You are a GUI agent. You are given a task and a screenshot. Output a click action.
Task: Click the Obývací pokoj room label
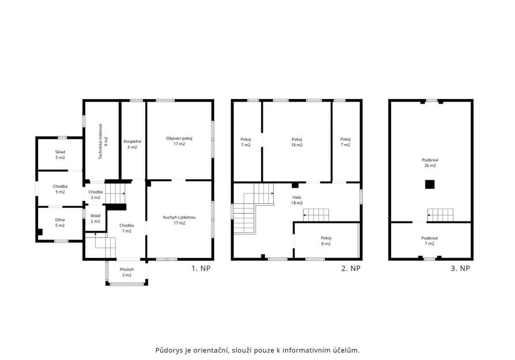pyautogui.click(x=179, y=141)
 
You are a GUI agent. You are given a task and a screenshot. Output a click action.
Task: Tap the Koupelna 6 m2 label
pyautogui.click(x=132, y=144)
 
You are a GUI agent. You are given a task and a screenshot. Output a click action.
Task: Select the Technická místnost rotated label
pyautogui.click(x=103, y=142)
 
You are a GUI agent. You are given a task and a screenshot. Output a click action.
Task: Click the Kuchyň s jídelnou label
pyautogui.click(x=179, y=220)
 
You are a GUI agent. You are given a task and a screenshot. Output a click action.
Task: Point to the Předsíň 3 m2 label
pyautogui.click(x=127, y=272)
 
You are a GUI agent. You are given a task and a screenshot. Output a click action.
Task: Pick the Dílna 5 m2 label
pyautogui.click(x=60, y=222)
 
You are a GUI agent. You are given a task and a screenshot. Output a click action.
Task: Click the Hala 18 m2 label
pyautogui.click(x=297, y=200)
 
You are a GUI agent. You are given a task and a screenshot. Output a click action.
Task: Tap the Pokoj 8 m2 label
pyautogui.click(x=326, y=241)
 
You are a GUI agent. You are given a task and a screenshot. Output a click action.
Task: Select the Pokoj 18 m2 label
pyautogui.click(x=297, y=142)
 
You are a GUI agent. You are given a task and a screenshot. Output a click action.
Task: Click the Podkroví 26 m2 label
pyautogui.click(x=430, y=162)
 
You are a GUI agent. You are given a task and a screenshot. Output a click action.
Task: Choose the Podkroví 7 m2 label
pyautogui.click(x=430, y=241)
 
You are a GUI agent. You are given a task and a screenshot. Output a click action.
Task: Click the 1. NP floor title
pyautogui.click(x=201, y=268)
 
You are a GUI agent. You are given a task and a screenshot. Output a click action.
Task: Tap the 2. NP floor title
pyautogui.click(x=351, y=268)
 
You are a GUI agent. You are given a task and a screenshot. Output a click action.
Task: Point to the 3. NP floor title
pyautogui.click(x=460, y=268)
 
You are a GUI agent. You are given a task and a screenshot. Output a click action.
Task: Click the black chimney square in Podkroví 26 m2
pyautogui.click(x=430, y=184)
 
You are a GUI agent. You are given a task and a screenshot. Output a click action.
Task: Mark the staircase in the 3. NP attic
pyautogui.click(x=441, y=215)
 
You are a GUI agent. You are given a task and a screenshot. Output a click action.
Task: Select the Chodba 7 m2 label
pyautogui.click(x=127, y=228)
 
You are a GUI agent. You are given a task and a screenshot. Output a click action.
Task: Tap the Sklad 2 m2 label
pyautogui.click(x=95, y=218)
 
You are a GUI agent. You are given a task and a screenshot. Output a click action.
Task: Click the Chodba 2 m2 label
pyautogui.click(x=96, y=195)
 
